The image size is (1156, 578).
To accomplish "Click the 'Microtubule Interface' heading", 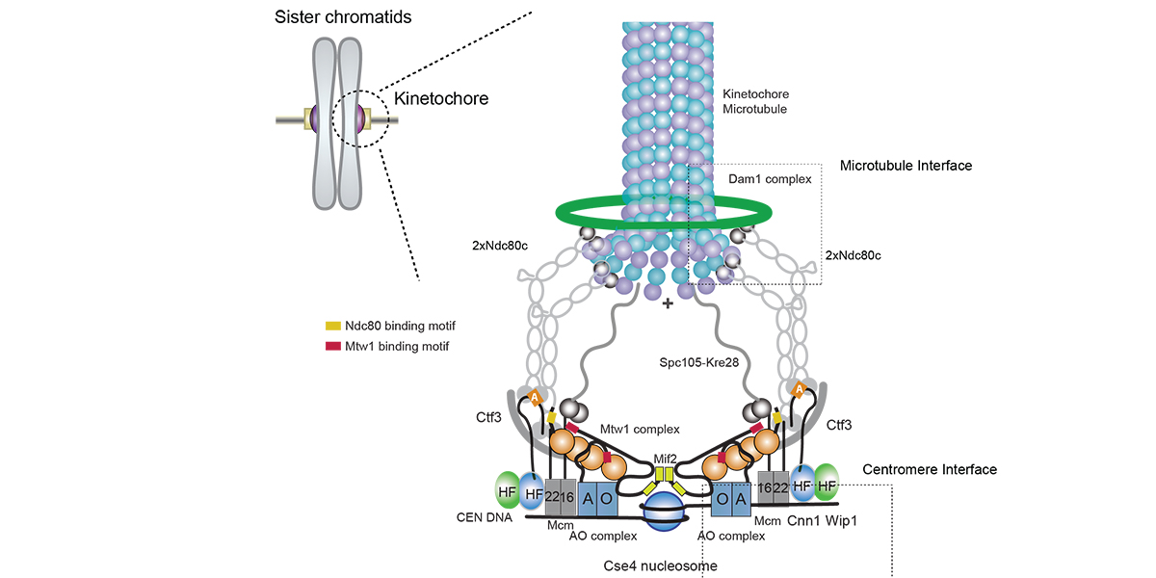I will (906, 166).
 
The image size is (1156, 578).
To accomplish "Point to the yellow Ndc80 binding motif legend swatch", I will (333, 327).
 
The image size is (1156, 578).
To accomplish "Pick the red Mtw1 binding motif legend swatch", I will (333, 346).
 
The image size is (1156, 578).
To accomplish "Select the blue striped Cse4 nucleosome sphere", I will (668, 512).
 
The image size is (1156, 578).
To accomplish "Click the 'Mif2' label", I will (667, 460).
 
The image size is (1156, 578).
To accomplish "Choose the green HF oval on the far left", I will (508, 491).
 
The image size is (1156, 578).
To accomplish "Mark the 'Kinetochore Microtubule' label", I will (755, 101).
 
